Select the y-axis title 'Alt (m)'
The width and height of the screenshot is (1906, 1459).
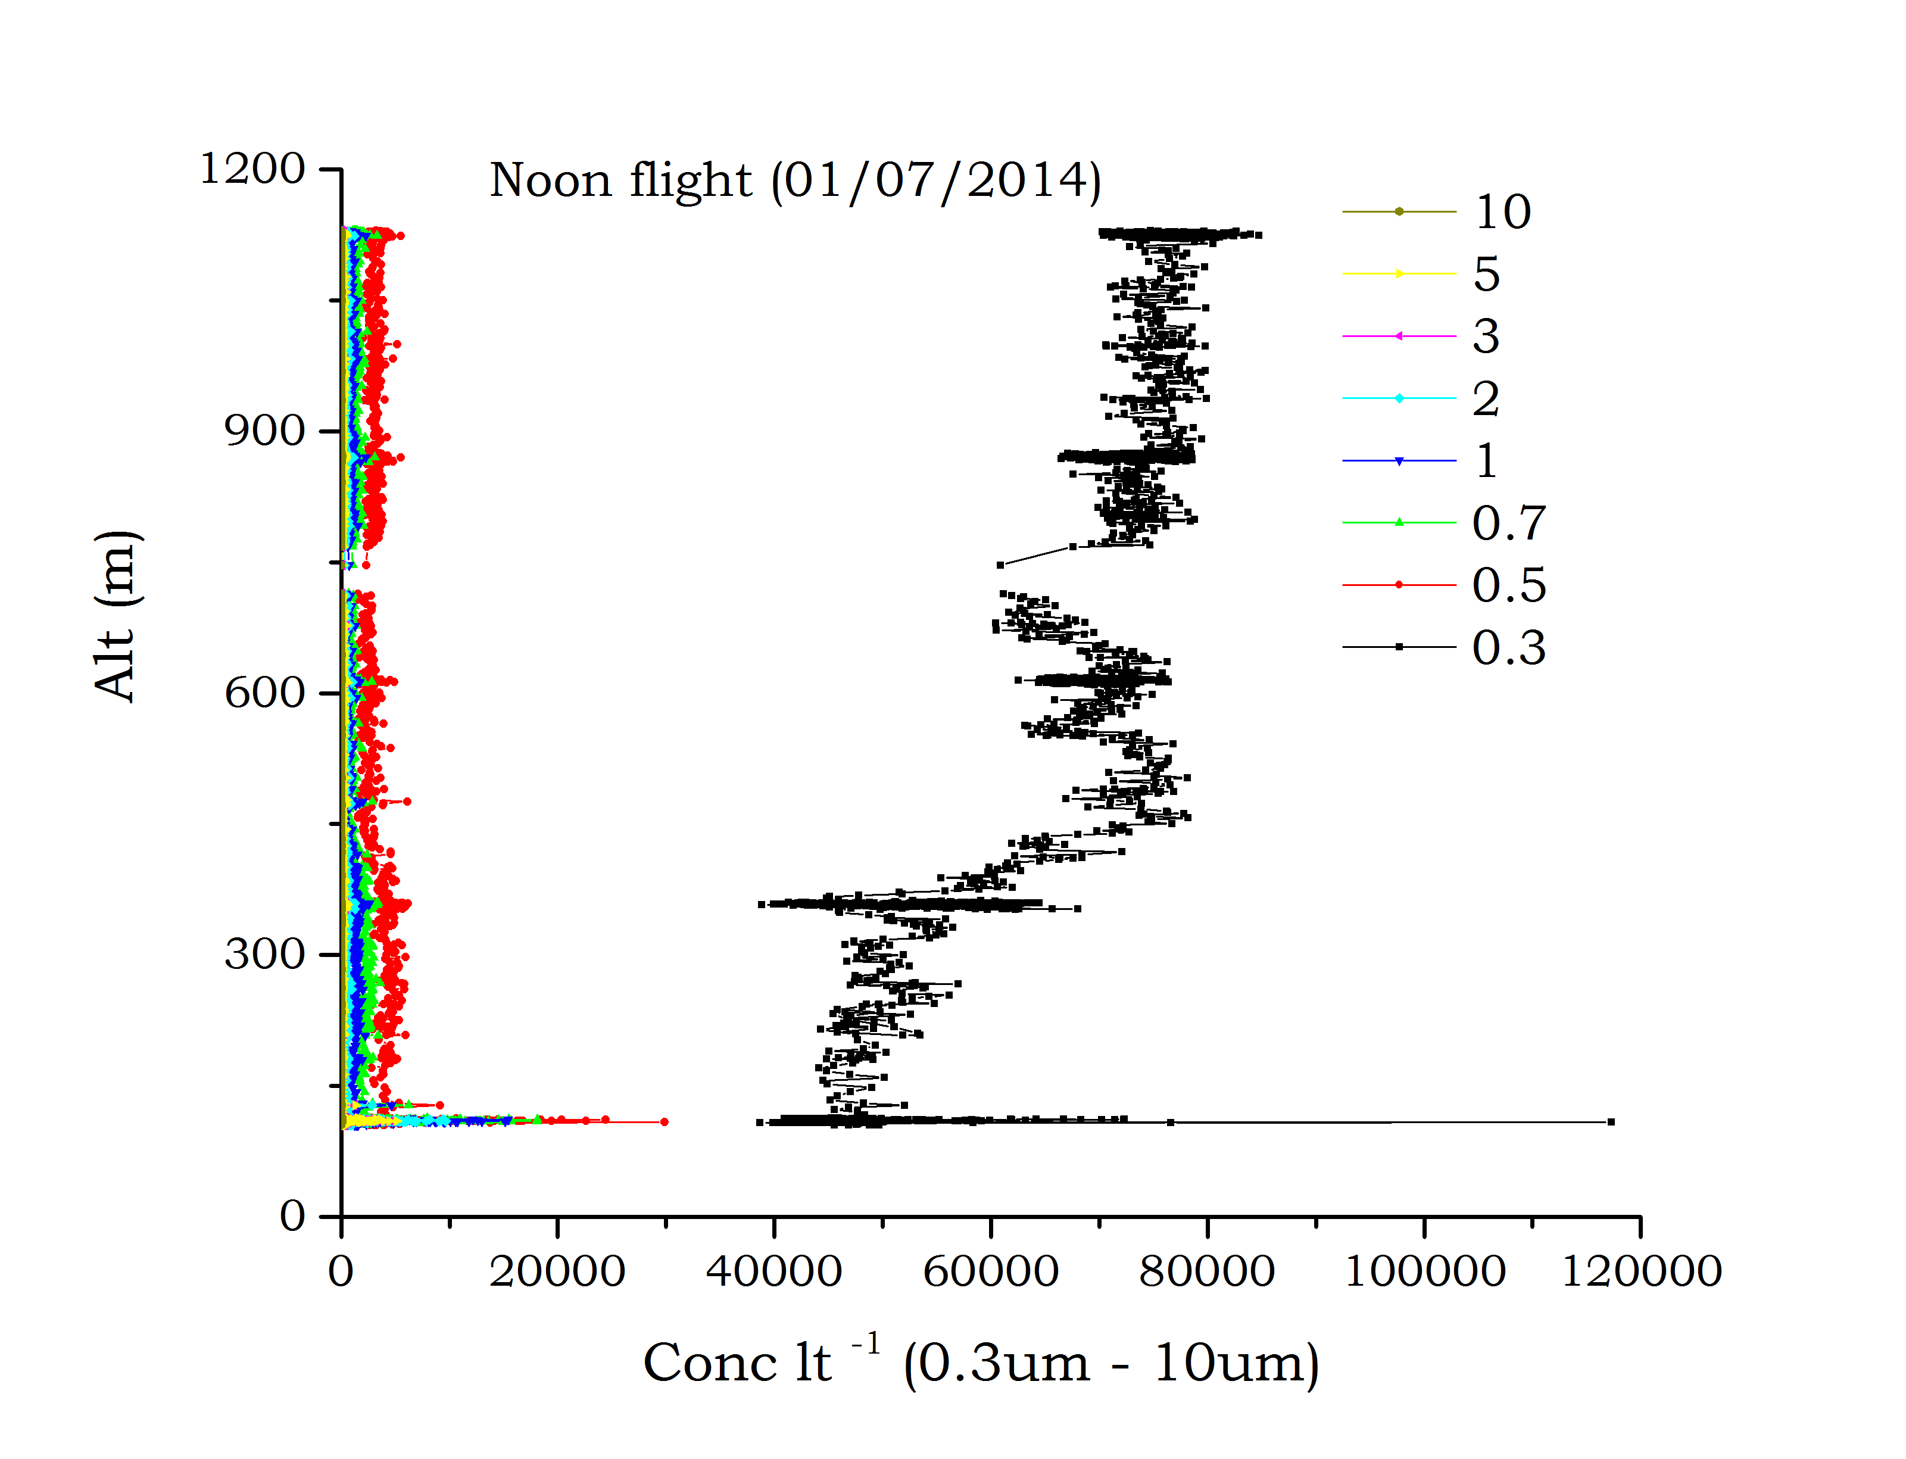pyautogui.click(x=116, y=615)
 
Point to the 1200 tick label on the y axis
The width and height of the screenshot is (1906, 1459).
pyautogui.click(x=252, y=169)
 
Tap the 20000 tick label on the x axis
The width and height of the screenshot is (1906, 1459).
pyautogui.click(x=557, y=1272)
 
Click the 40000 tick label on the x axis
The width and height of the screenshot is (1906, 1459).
pyautogui.click(x=773, y=1272)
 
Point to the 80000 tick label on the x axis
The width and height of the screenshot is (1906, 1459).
pyautogui.click(x=1207, y=1272)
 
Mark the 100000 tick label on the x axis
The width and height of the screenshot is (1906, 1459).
pyautogui.click(x=1424, y=1272)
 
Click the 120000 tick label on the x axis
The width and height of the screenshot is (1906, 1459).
pyautogui.click(x=1641, y=1272)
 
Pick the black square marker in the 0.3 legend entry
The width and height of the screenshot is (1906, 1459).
pyautogui.click(x=1399, y=647)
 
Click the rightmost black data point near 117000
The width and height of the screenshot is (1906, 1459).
pyautogui.click(x=1611, y=1122)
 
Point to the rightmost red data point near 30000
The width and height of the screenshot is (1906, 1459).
pyautogui.click(x=665, y=1122)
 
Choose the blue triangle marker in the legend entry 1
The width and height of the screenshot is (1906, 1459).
pyautogui.click(x=1399, y=461)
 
